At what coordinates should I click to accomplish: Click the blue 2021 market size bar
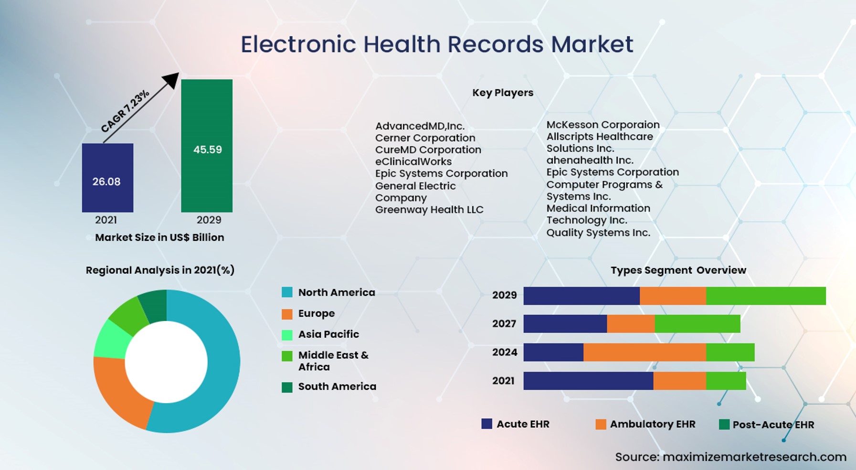tap(107, 178)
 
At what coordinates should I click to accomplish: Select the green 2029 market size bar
tap(207, 146)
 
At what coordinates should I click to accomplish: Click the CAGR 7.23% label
tap(125, 111)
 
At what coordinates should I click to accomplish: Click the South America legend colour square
tap(287, 387)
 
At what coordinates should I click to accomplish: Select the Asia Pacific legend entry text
tap(328, 334)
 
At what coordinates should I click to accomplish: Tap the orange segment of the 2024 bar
tap(645, 352)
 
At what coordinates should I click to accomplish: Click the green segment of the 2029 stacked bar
tap(766, 296)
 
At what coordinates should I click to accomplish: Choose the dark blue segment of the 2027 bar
tap(565, 324)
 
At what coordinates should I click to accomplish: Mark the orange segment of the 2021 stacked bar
tap(679, 381)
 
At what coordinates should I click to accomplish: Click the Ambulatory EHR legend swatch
tap(601, 424)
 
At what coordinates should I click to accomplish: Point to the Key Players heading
tap(503, 93)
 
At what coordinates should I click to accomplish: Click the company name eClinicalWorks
tap(413, 161)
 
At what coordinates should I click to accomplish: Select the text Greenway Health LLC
tap(429, 210)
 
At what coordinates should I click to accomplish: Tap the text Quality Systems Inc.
tap(598, 233)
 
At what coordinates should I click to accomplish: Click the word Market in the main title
tap(592, 44)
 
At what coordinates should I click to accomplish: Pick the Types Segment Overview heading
tap(678, 270)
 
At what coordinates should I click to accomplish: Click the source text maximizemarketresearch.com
tap(754, 457)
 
